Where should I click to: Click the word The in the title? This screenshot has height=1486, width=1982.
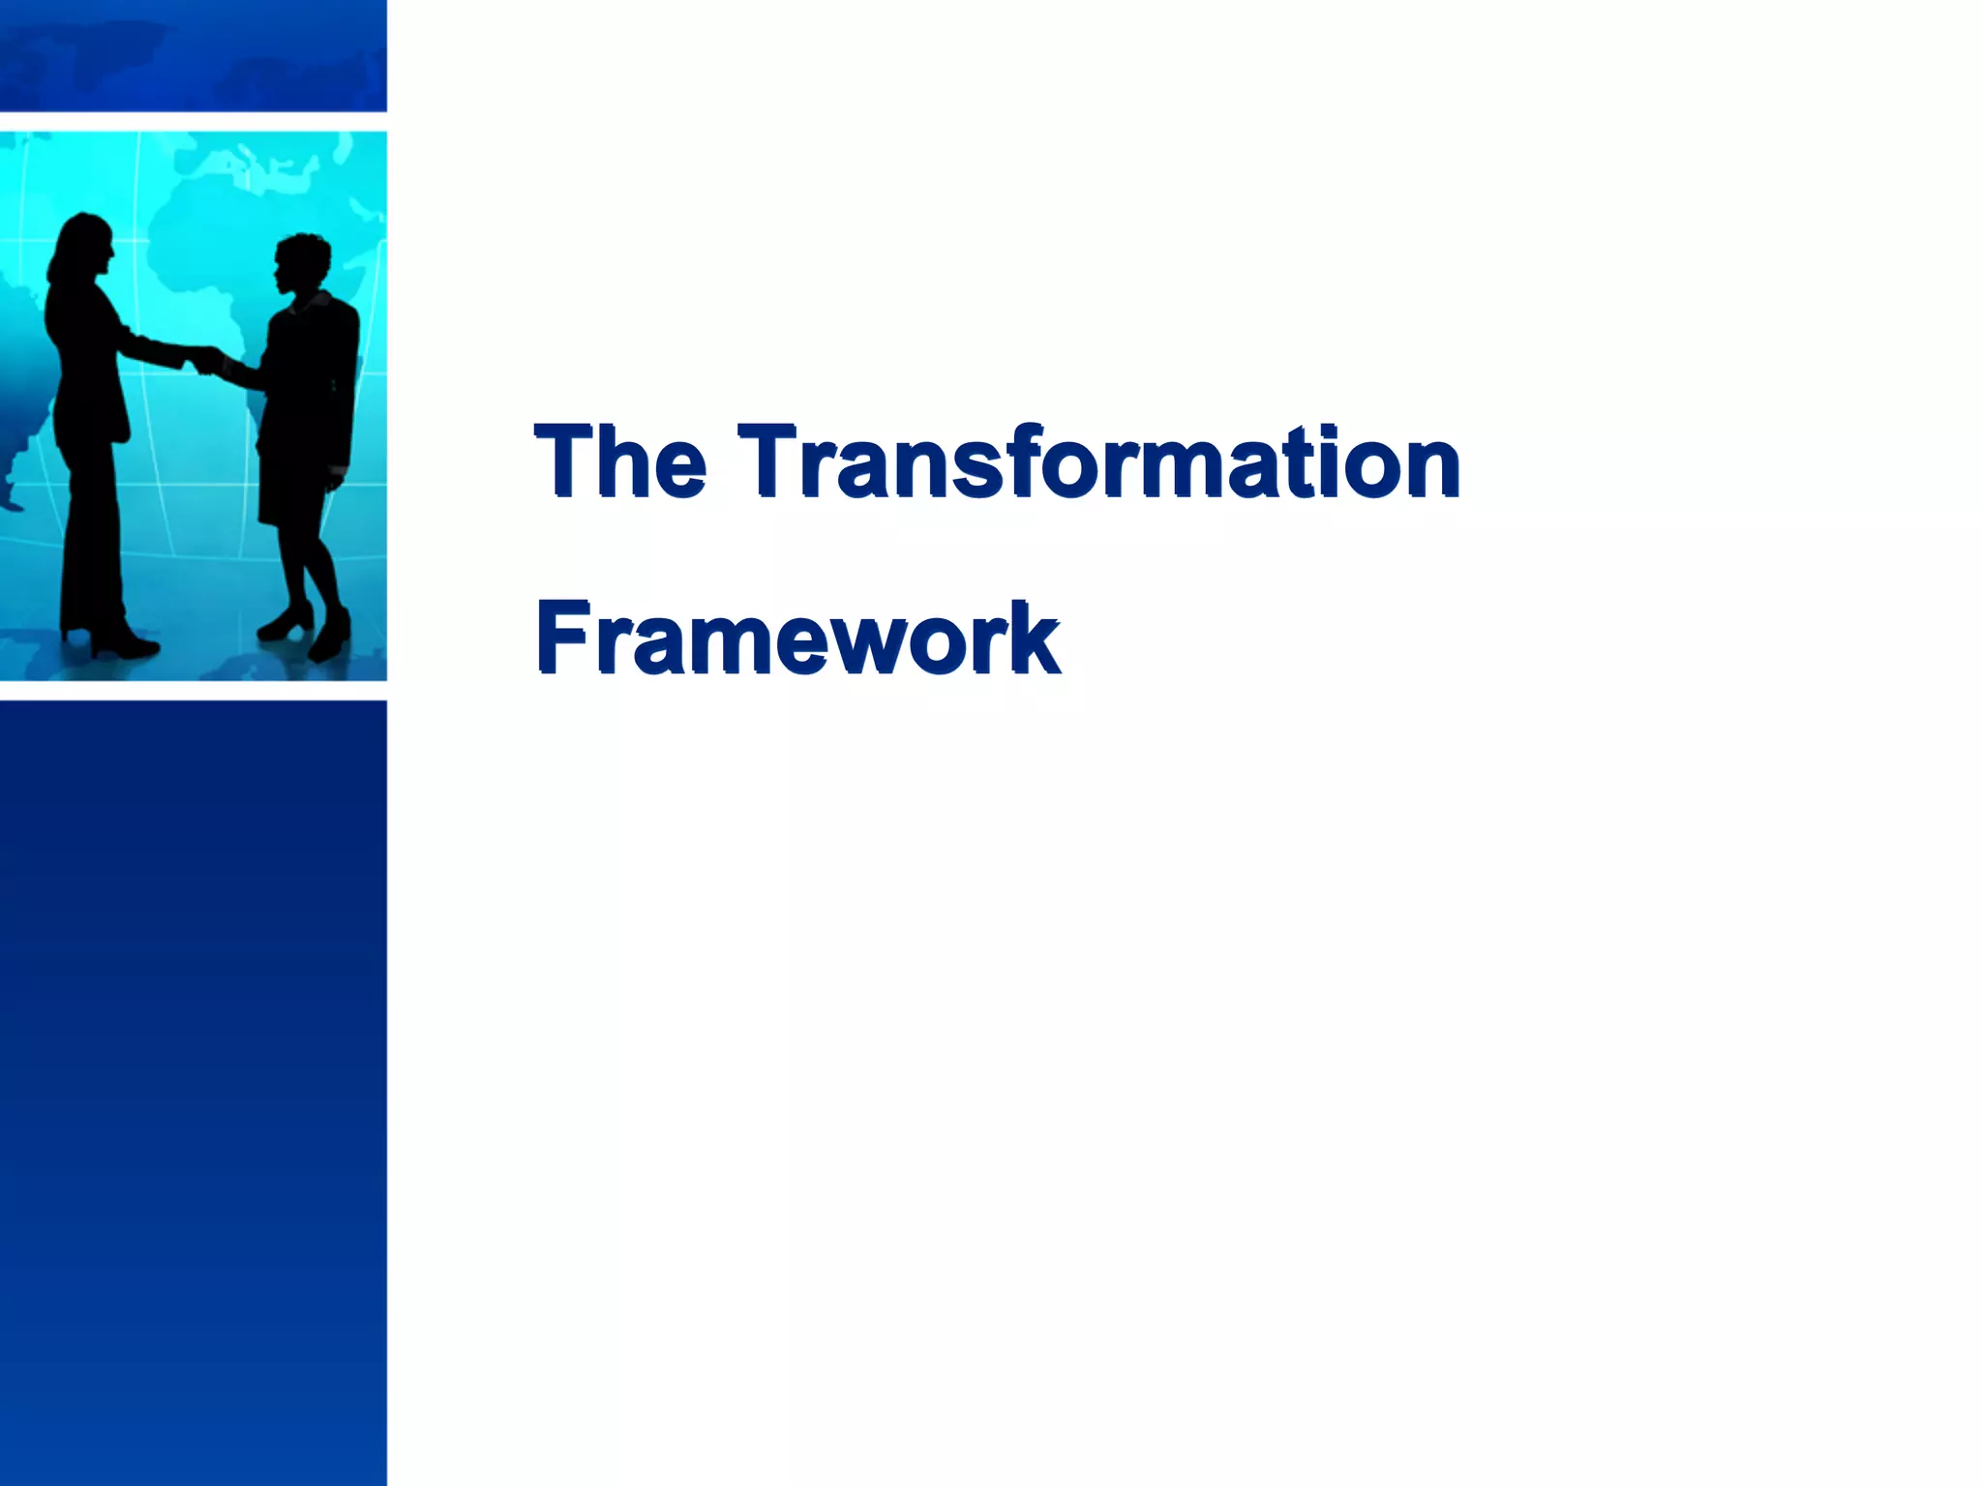(x=619, y=461)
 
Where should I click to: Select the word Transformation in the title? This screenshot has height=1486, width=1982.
(x=1097, y=461)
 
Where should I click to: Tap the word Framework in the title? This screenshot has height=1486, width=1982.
(x=797, y=638)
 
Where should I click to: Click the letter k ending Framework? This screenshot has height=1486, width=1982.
(x=1033, y=638)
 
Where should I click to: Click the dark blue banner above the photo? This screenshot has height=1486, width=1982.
(x=194, y=54)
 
